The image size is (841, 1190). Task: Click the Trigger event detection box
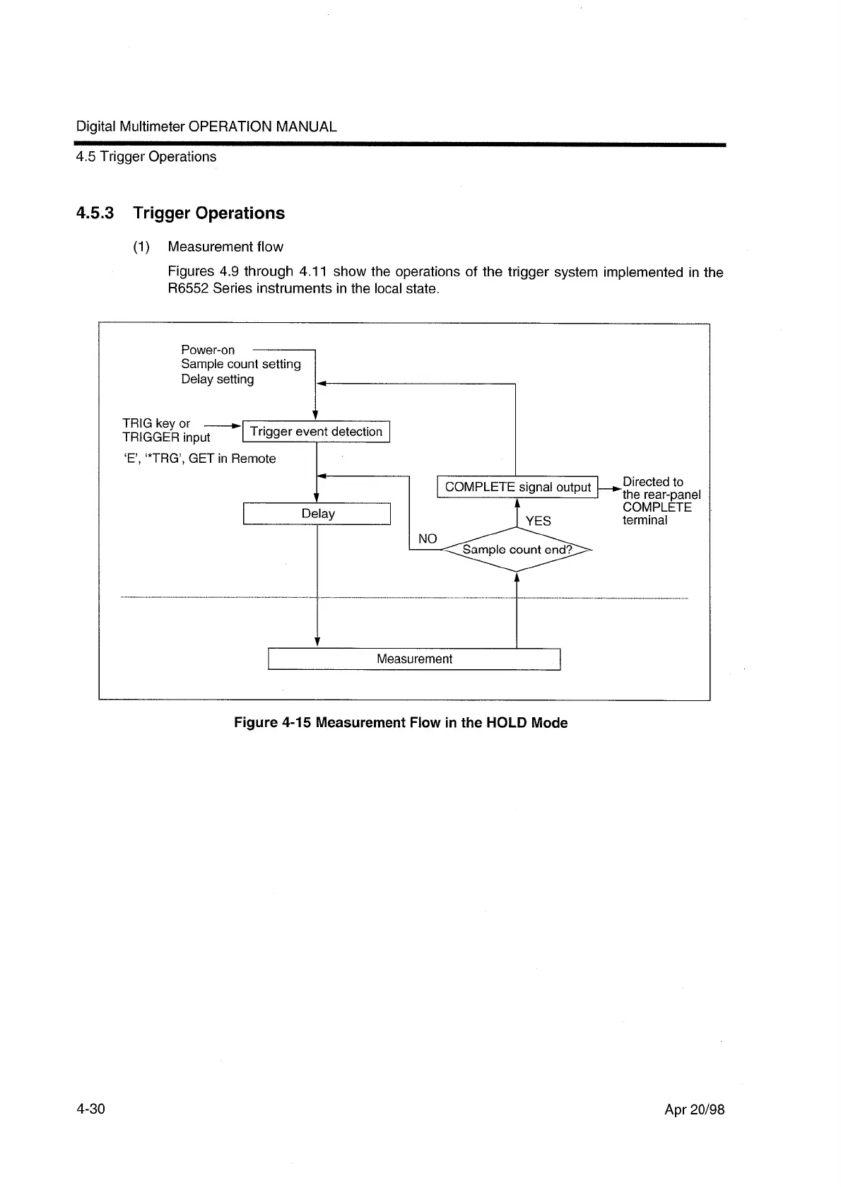316,432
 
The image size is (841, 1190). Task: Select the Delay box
317,514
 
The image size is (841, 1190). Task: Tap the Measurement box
414,659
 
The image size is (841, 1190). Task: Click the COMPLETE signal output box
517,487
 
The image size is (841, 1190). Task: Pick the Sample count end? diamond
517,550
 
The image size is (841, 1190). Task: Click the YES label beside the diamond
538,521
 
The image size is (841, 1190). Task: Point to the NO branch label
428,539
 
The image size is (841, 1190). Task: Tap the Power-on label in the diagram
208,350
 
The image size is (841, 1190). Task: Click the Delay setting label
217,379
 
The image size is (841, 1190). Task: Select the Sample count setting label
240,364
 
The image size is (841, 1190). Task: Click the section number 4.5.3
95,213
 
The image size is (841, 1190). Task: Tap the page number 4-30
90,1109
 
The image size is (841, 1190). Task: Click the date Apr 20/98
694,1109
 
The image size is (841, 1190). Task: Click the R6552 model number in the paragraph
189,289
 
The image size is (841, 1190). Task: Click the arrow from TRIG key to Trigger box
222,426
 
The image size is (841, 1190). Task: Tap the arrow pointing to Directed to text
610,487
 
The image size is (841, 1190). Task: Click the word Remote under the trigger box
254,459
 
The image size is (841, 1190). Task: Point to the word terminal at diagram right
645,521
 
